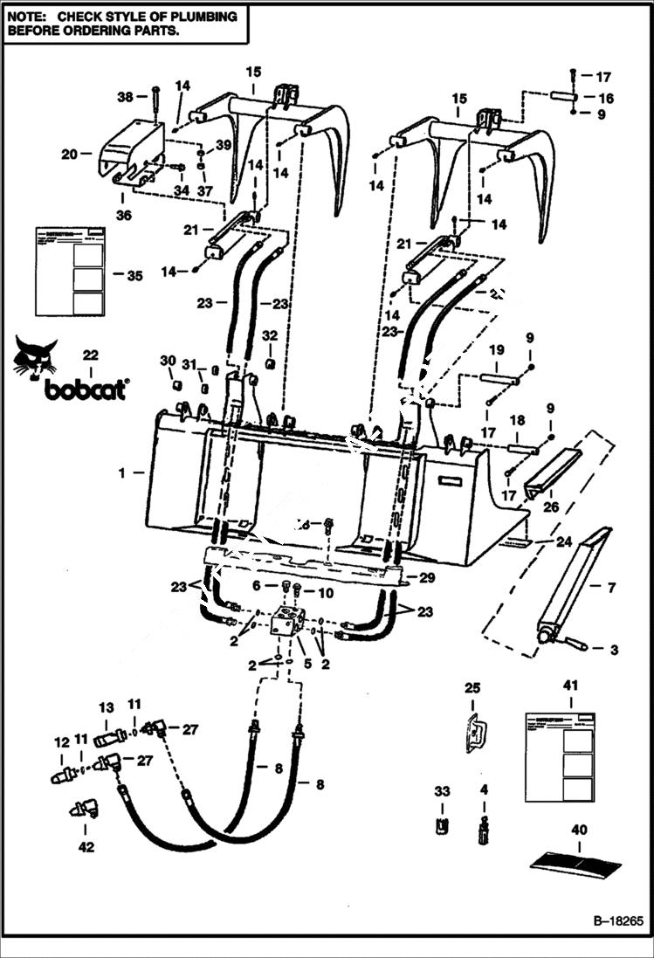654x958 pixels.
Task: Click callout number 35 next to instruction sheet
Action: click(x=134, y=275)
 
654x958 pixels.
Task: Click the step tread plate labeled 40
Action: click(x=575, y=860)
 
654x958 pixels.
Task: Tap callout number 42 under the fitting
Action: click(x=86, y=846)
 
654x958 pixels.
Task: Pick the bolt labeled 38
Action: click(x=155, y=102)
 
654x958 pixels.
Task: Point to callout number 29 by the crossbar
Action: click(x=427, y=579)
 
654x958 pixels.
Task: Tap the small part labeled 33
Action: click(x=442, y=825)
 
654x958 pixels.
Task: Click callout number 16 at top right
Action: click(x=605, y=99)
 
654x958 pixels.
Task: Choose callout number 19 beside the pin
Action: click(x=497, y=350)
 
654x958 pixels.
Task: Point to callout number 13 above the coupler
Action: click(x=107, y=707)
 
